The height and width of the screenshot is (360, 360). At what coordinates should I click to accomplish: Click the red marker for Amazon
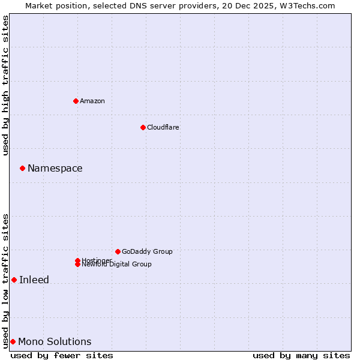(x=76, y=101)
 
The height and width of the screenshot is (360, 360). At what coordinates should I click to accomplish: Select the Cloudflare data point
(x=143, y=127)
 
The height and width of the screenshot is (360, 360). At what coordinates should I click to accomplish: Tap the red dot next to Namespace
(x=22, y=168)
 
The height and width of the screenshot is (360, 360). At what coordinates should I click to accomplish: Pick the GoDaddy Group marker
(x=118, y=251)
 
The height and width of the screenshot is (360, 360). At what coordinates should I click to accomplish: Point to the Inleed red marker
(x=14, y=280)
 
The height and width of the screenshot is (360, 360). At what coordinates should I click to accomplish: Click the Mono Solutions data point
(x=13, y=341)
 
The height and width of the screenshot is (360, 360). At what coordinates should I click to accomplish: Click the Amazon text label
(x=92, y=101)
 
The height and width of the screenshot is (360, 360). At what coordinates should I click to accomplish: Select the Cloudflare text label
(x=163, y=127)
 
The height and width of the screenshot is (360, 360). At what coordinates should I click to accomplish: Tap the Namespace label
(x=55, y=169)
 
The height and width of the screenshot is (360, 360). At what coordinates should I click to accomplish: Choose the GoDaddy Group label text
(x=147, y=251)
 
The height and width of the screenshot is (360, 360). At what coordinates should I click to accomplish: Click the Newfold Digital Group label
(x=117, y=265)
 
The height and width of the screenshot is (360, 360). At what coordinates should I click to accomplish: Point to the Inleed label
(x=34, y=280)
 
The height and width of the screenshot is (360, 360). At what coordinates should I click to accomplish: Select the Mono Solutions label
(x=55, y=342)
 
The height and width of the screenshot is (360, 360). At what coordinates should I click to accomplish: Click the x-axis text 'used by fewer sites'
(x=62, y=355)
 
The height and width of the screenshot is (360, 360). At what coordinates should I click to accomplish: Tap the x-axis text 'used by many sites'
(x=301, y=355)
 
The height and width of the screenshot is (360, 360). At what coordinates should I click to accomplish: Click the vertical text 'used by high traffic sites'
(x=6, y=85)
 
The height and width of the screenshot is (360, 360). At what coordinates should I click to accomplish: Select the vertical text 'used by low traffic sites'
(x=6, y=280)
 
